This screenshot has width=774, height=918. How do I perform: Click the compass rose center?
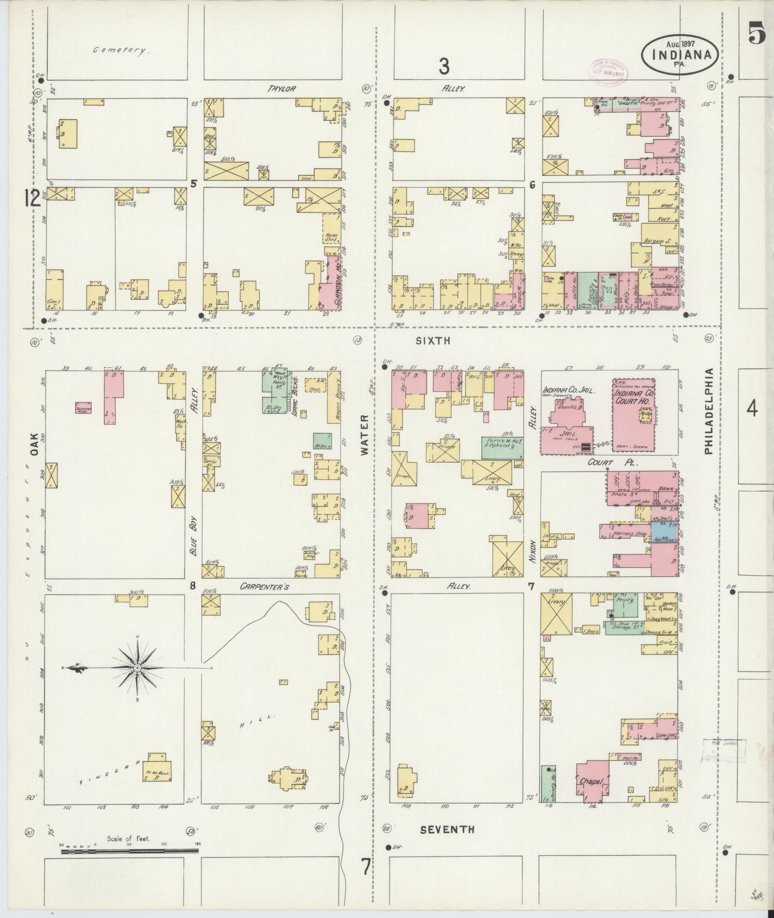138,668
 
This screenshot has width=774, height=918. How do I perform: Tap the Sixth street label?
433,341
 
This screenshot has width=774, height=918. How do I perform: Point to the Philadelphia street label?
710,411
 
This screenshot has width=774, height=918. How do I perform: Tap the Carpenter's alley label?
274,586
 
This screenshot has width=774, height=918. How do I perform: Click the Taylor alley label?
282,89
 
